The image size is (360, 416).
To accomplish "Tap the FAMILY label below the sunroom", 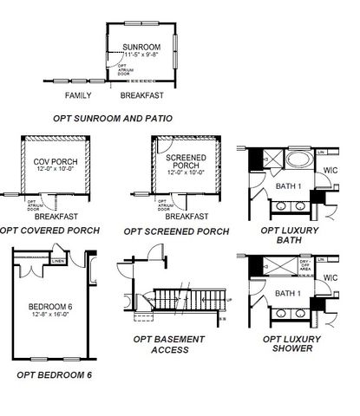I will pos(80,94).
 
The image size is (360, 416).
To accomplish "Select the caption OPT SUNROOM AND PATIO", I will pos(124,117).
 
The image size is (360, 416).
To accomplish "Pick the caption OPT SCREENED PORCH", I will pos(176,231).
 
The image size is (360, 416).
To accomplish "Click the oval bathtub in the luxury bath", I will pos(298,161).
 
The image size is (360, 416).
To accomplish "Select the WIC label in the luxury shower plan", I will pos(330,277).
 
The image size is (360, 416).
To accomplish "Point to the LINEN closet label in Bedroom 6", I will pos(58,259).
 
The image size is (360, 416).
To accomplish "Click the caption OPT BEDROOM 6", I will pos(54,374).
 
